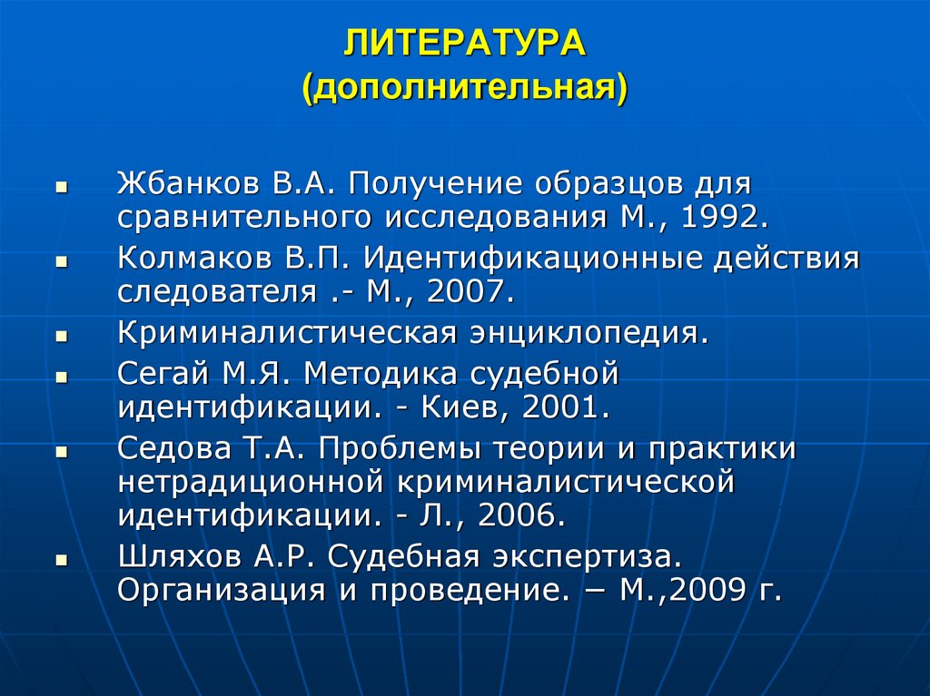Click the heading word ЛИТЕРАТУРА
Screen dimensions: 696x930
464,44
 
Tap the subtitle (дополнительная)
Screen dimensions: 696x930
464,90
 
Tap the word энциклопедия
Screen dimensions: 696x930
586,332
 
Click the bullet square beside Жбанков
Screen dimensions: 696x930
61,185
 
